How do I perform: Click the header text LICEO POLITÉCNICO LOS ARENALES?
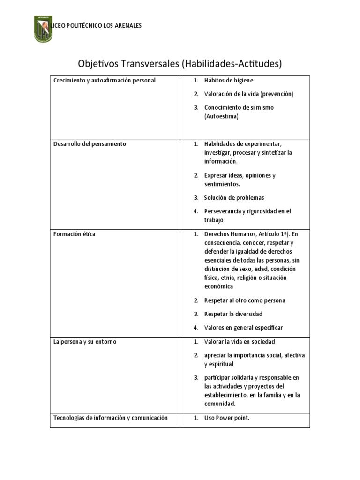[x=99, y=25]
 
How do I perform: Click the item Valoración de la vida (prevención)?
[x=248, y=94]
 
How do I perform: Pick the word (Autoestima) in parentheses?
[x=221, y=116]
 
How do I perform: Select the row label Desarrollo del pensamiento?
[x=90, y=144]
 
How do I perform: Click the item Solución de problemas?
[x=234, y=198]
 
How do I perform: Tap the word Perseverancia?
[x=225, y=211]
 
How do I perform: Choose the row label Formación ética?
[x=75, y=234]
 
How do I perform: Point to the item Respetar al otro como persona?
[x=245, y=300]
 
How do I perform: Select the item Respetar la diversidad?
[x=233, y=314]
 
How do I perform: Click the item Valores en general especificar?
[x=243, y=328]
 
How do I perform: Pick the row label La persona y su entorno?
[x=85, y=342]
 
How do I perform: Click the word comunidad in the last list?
[x=220, y=404]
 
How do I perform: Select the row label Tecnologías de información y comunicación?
[x=110, y=418]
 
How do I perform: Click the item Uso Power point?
[x=227, y=418]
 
